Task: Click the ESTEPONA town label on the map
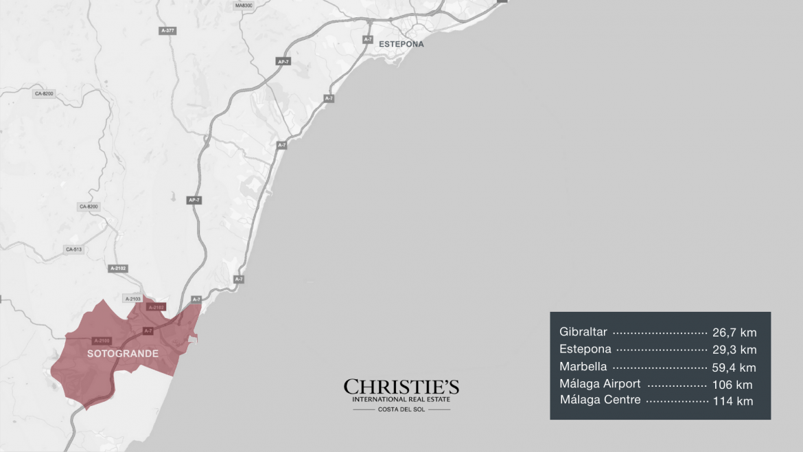pos(401,44)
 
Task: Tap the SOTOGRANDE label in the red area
pos(123,354)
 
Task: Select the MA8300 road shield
pos(244,5)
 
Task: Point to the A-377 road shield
pos(167,30)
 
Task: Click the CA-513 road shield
pos(73,249)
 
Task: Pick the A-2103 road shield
pos(132,298)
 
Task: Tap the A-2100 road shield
pos(102,340)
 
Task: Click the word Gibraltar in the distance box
pos(583,332)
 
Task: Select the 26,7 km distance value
pos(734,333)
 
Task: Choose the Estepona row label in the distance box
pos(585,350)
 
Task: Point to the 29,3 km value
pos(734,350)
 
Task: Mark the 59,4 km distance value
pos(734,368)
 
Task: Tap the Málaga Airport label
pos(600,384)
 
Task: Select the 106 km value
pos(732,385)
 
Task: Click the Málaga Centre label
pos(600,400)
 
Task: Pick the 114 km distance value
pos(732,401)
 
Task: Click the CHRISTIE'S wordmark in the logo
pos(401,387)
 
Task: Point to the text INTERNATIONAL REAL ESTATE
pos(401,399)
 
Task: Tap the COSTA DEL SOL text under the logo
pos(401,410)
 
